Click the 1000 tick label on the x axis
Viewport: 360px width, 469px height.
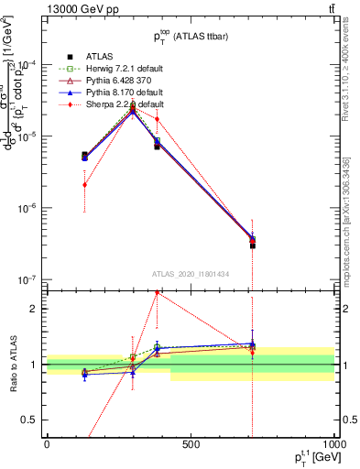[333, 444]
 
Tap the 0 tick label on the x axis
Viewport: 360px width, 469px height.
[47, 444]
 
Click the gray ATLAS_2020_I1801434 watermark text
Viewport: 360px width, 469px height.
[190, 274]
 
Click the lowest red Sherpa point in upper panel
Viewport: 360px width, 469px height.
[84, 184]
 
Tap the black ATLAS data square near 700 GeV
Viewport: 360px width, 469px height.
[252, 245]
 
